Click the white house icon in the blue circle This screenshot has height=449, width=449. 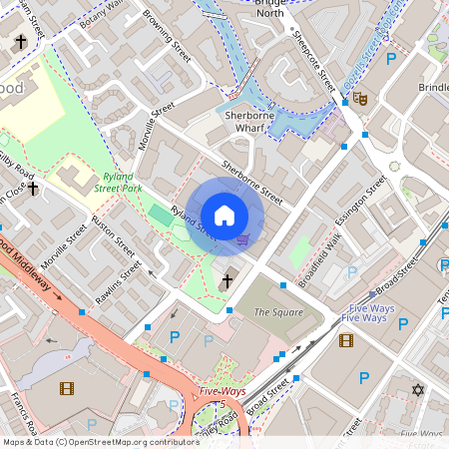224,216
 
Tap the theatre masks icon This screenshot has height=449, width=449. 358,99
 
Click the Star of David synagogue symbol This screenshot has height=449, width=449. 418,388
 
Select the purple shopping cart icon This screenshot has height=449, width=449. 243,238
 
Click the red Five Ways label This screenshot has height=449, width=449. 222,391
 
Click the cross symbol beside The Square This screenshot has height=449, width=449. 227,282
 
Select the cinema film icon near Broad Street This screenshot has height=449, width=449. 346,340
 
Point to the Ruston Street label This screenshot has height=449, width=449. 113,236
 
